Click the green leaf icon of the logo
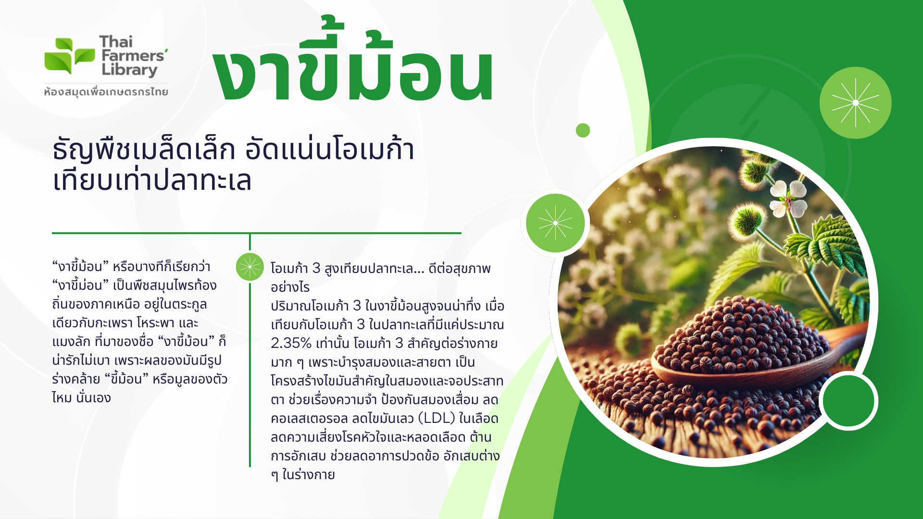(69, 56)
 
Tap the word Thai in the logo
(116, 42)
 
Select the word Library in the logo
(129, 70)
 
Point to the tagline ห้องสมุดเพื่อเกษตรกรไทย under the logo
(106, 91)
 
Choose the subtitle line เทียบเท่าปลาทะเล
(152, 181)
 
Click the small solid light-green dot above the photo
(583, 130)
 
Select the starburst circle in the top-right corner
(855, 102)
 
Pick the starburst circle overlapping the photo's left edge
(555, 223)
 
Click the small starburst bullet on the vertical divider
(249, 267)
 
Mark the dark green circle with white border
(848, 400)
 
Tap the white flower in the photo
(788, 198)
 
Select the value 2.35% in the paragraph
(291, 343)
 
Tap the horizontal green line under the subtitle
(257, 233)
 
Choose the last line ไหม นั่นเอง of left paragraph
(81, 398)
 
